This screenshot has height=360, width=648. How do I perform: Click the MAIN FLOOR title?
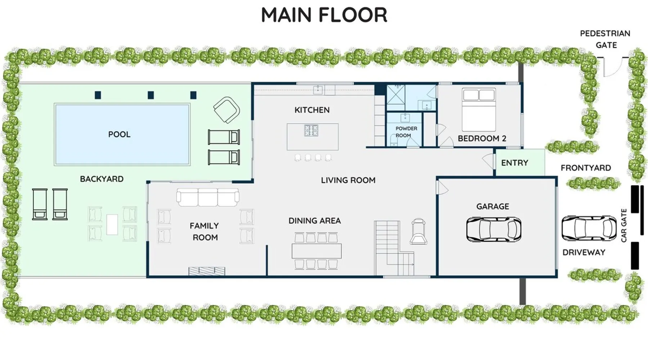tap(324, 15)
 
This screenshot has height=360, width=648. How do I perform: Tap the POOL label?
tap(119, 134)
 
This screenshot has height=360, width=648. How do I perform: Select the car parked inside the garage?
tap(494, 229)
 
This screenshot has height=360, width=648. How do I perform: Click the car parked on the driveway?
tap(589, 228)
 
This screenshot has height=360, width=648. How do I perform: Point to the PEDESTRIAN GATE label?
tap(605, 39)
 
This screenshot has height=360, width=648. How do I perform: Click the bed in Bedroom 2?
tap(479, 109)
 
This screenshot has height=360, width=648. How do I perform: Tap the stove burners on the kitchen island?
tap(311, 130)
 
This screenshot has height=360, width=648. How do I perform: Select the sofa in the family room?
tap(208, 197)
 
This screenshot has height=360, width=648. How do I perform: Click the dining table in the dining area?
tap(316, 251)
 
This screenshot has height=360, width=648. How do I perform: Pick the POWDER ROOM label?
tap(406, 132)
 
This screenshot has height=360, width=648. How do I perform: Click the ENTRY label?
tap(514, 163)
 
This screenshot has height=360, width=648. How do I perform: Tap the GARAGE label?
tap(492, 207)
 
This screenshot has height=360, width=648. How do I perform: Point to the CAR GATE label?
tap(624, 225)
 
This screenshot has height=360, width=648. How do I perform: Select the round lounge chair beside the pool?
tap(226, 110)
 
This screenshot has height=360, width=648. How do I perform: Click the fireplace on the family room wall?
tap(207, 271)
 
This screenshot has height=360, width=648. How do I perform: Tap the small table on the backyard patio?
tap(112, 225)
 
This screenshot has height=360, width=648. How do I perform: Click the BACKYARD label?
tap(102, 179)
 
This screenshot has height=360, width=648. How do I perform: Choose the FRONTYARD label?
tap(586, 168)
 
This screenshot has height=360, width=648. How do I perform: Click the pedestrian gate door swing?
tap(613, 67)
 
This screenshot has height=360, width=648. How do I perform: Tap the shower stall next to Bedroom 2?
tap(396, 98)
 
